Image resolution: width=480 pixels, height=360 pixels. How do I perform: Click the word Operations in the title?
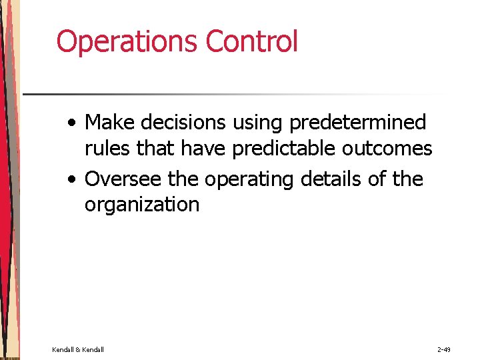click(x=127, y=41)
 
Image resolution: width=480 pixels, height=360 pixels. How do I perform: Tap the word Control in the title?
click(x=251, y=41)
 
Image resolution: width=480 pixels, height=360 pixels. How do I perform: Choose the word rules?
click(x=107, y=148)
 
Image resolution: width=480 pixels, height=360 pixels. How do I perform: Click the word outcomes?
click(x=387, y=148)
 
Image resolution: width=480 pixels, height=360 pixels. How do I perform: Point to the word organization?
click(x=141, y=205)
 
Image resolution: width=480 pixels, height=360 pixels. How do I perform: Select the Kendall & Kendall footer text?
click(x=78, y=349)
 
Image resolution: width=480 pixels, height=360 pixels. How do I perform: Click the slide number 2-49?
click(x=444, y=349)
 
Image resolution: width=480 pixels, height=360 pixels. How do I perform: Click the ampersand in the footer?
click(x=78, y=349)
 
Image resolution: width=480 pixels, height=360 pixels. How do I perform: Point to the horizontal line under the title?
click(x=233, y=94)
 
